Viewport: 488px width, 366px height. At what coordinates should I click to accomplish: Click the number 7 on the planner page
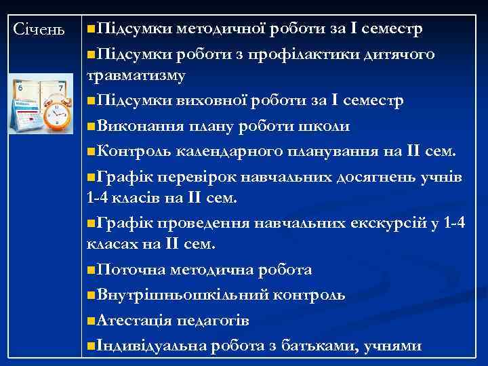coord(61,88)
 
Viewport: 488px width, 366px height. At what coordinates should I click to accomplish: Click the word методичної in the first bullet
coord(222,29)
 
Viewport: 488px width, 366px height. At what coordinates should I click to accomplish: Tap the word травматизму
coord(136,77)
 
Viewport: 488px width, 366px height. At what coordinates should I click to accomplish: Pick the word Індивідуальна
coord(152,344)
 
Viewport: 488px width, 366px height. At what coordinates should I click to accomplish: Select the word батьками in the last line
coord(317,344)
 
